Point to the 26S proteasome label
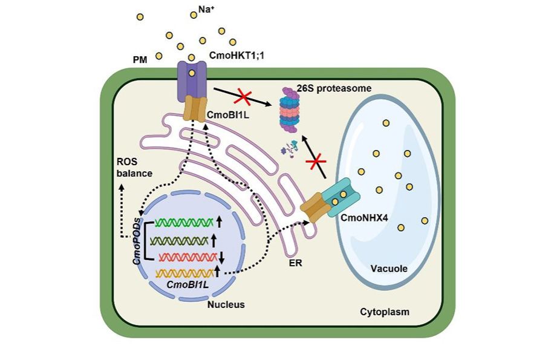pos(336,88)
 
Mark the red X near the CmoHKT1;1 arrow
pos(243,96)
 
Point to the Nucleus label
pos(226,304)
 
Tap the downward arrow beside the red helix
pos(221,257)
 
